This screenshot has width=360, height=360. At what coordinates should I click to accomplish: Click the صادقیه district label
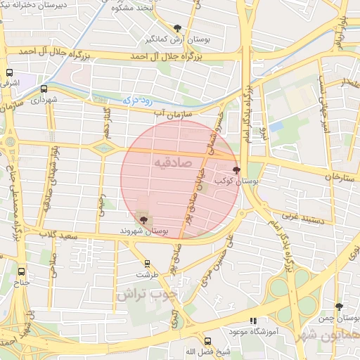tap(172, 162)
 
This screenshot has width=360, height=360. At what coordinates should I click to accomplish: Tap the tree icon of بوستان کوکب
tap(236, 169)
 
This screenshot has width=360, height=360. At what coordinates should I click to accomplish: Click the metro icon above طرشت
tap(147, 264)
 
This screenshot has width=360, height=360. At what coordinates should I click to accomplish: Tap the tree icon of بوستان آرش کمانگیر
tap(176, 29)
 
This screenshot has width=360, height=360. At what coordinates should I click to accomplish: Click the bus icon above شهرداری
tap(44, 89)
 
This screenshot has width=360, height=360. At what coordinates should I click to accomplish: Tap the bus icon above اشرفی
tap(9, 73)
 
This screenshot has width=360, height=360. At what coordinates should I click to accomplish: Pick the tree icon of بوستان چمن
tap(340, 307)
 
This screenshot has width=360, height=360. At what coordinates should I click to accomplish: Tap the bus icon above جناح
tap(21, 271)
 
